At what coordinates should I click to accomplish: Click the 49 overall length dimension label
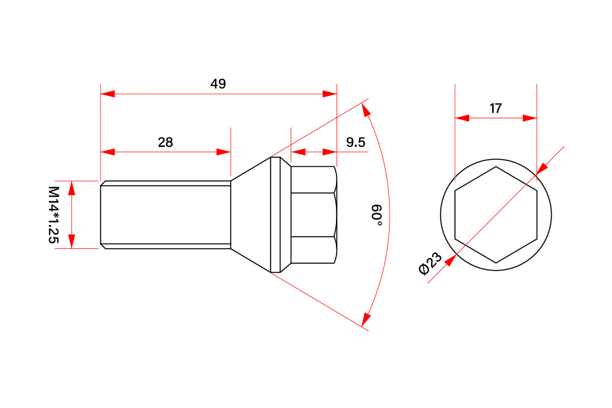[218, 84]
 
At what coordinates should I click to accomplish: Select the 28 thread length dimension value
[165, 142]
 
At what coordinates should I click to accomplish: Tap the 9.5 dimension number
[356, 142]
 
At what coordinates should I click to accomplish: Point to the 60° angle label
[376, 214]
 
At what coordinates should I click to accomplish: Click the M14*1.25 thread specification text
[54, 215]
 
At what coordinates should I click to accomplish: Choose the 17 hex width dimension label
[496, 108]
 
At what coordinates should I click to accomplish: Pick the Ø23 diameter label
[430, 264]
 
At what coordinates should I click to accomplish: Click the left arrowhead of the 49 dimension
[107, 94]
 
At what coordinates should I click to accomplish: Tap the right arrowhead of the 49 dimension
[329, 94]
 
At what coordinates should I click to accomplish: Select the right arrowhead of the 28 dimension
[224, 152]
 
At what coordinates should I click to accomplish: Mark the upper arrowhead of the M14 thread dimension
[71, 188]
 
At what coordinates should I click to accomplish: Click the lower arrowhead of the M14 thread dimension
[71, 241]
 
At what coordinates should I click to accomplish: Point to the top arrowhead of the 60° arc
[366, 110]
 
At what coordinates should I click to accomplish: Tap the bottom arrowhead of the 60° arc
[366, 319]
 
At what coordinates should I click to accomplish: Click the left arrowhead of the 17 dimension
[462, 118]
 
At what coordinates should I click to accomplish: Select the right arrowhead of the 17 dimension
[530, 118]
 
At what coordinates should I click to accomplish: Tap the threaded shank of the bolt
[165, 215]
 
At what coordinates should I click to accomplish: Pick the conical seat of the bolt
[250, 215]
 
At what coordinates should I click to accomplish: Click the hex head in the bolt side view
[313, 215]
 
